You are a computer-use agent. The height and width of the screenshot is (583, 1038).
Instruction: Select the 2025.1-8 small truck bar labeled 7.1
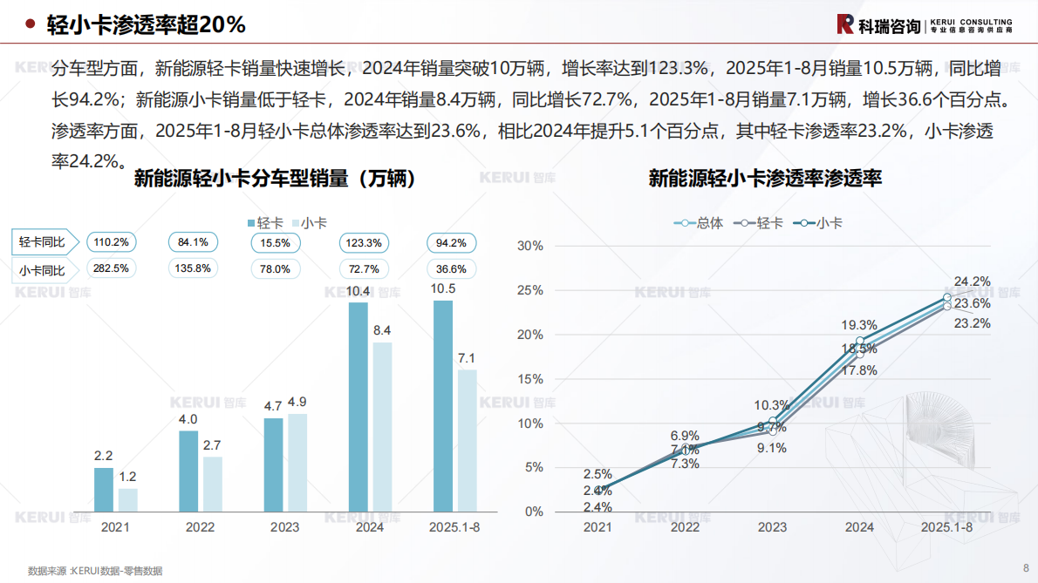pos(467,440)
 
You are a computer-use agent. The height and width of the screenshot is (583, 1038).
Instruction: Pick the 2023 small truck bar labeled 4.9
pos(297,462)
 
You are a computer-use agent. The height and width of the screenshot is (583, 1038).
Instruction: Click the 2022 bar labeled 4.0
pos(188,471)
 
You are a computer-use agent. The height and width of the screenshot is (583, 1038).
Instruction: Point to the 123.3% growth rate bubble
pos(364,242)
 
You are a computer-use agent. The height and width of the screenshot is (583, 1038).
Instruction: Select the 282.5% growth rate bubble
pos(111,268)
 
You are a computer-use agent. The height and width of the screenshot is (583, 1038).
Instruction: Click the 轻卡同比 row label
pos(43,242)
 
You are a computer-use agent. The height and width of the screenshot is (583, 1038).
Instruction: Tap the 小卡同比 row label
pos(43,269)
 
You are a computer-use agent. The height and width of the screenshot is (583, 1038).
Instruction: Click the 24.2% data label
pos(972,281)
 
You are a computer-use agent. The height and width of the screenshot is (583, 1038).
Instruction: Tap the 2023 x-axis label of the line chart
pos(772,527)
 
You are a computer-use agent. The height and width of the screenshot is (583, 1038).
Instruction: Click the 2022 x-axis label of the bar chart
pos(200,527)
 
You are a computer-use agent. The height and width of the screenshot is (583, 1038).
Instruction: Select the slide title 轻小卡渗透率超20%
pos(146,25)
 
